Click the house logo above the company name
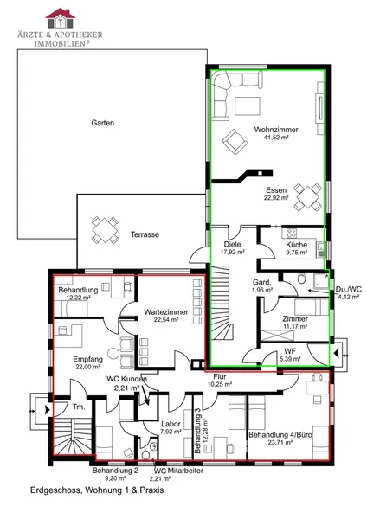point(61,18)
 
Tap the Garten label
point(103,123)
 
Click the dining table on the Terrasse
point(106,230)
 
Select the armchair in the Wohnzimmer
point(235,142)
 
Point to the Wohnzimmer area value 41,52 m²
point(276,138)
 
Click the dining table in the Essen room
point(308,197)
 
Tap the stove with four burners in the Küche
point(292,233)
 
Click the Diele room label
point(232,244)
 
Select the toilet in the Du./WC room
point(301,279)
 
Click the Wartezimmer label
point(166,311)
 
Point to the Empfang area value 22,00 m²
point(88,367)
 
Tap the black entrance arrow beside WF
point(336,354)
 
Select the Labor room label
point(171,424)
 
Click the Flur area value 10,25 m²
point(219,384)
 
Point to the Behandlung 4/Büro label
point(280,434)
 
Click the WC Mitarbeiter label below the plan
point(178,471)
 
